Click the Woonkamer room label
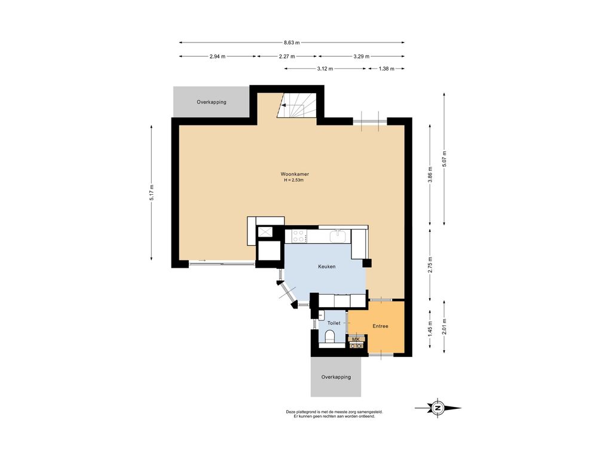(x=295, y=174)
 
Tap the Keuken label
(x=327, y=267)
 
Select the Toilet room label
(x=333, y=323)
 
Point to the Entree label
(x=380, y=326)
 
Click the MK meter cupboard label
(x=356, y=339)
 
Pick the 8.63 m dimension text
(x=292, y=42)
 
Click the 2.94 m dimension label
(x=218, y=56)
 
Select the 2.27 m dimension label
(x=287, y=56)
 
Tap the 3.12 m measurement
(x=325, y=69)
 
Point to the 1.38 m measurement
(x=387, y=69)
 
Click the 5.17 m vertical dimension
(x=151, y=193)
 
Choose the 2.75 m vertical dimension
(x=430, y=265)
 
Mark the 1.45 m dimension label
(x=430, y=329)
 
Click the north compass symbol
(x=438, y=408)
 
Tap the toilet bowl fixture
(x=330, y=335)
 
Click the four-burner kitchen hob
(x=299, y=236)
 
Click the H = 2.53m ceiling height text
(x=294, y=180)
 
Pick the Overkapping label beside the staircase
(x=212, y=102)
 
